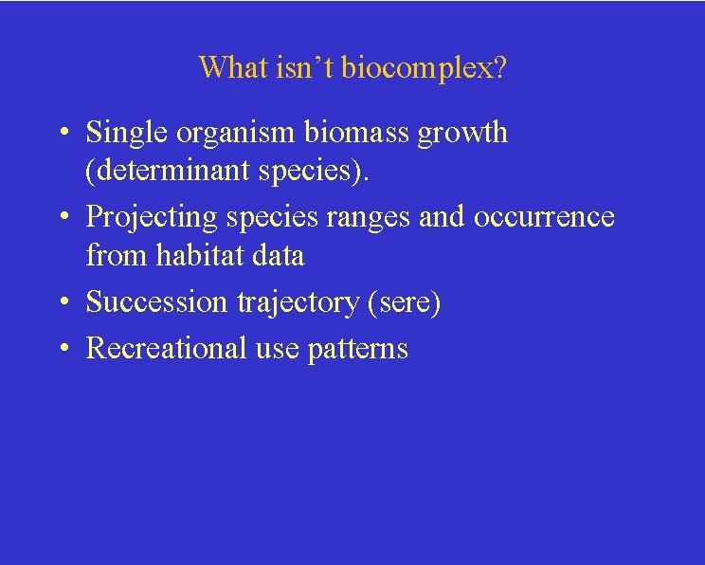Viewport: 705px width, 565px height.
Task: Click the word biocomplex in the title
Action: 424,68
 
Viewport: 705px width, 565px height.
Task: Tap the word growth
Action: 464,135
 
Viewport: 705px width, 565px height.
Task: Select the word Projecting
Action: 152,218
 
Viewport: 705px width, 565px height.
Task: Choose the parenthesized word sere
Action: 409,303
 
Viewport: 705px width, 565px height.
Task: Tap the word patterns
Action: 357,350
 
